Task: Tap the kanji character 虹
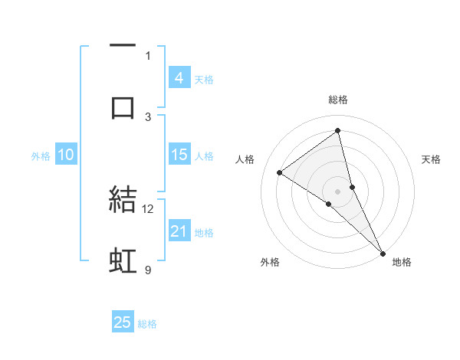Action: tap(123, 261)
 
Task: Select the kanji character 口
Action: tap(123, 107)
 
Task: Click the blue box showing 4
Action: tap(179, 78)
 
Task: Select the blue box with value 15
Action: tap(179, 155)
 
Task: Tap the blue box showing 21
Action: tap(179, 231)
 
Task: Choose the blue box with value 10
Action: tap(65, 155)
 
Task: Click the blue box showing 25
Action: tap(123, 322)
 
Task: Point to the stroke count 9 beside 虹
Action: tap(148, 270)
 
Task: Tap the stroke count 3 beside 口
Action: tap(148, 116)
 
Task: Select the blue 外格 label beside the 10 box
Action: tap(41, 156)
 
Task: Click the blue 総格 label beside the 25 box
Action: tap(147, 324)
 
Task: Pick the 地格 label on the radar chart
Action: tap(402, 262)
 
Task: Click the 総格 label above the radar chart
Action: tap(338, 100)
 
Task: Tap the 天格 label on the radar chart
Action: tap(431, 159)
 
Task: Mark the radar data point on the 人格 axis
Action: tap(280, 172)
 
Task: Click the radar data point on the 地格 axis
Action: tap(382, 252)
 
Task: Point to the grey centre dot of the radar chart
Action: tap(338, 191)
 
